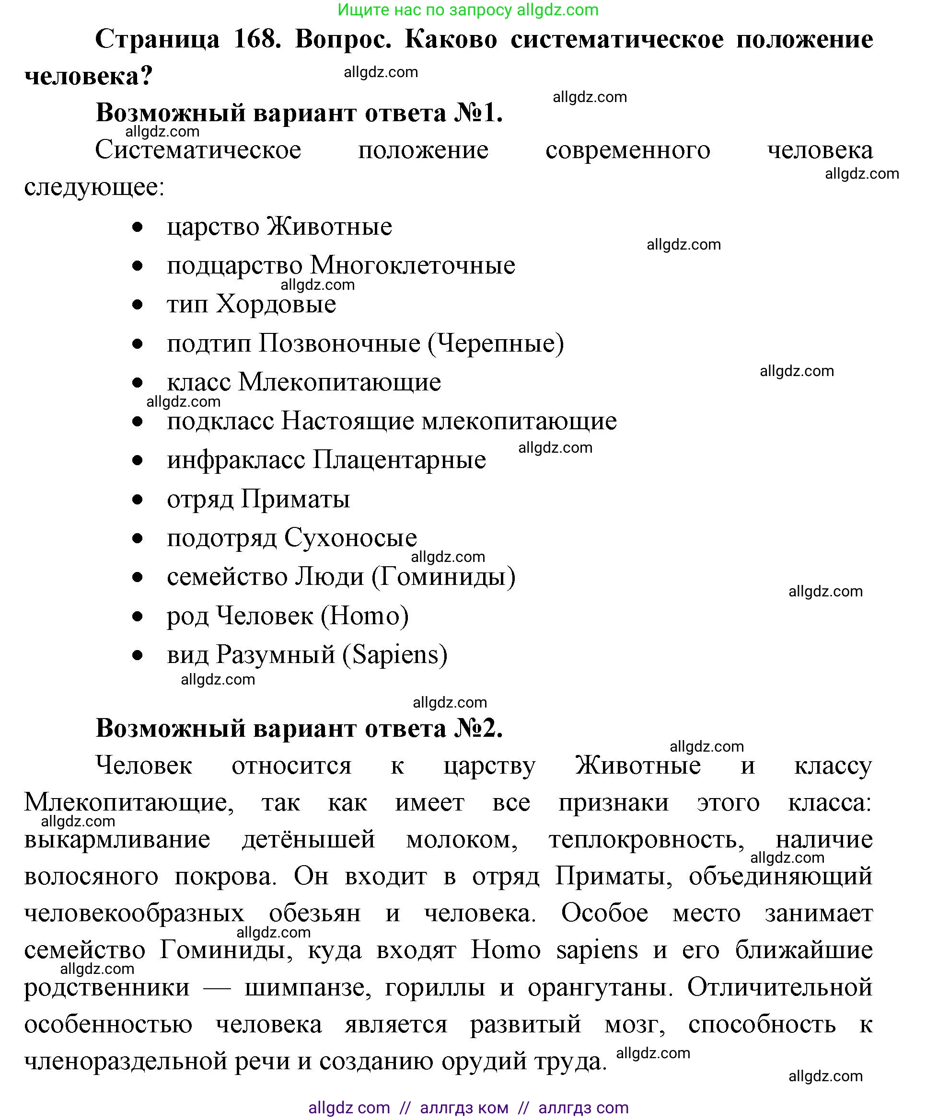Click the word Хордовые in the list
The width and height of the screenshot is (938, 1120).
click(276, 305)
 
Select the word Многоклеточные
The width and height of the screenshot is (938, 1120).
click(413, 265)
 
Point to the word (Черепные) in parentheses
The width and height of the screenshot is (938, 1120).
click(496, 343)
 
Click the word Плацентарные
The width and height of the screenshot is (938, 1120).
click(399, 460)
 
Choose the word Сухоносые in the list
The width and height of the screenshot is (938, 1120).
click(350, 537)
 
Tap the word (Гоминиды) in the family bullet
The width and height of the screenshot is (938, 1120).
click(443, 577)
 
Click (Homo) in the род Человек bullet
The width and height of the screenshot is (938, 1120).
click(364, 616)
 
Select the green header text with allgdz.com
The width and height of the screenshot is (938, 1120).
click(468, 10)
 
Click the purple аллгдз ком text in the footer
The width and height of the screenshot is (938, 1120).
click(463, 1108)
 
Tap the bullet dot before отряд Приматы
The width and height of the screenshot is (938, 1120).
click(138, 500)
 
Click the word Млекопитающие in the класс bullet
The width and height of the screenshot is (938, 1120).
click(339, 382)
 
